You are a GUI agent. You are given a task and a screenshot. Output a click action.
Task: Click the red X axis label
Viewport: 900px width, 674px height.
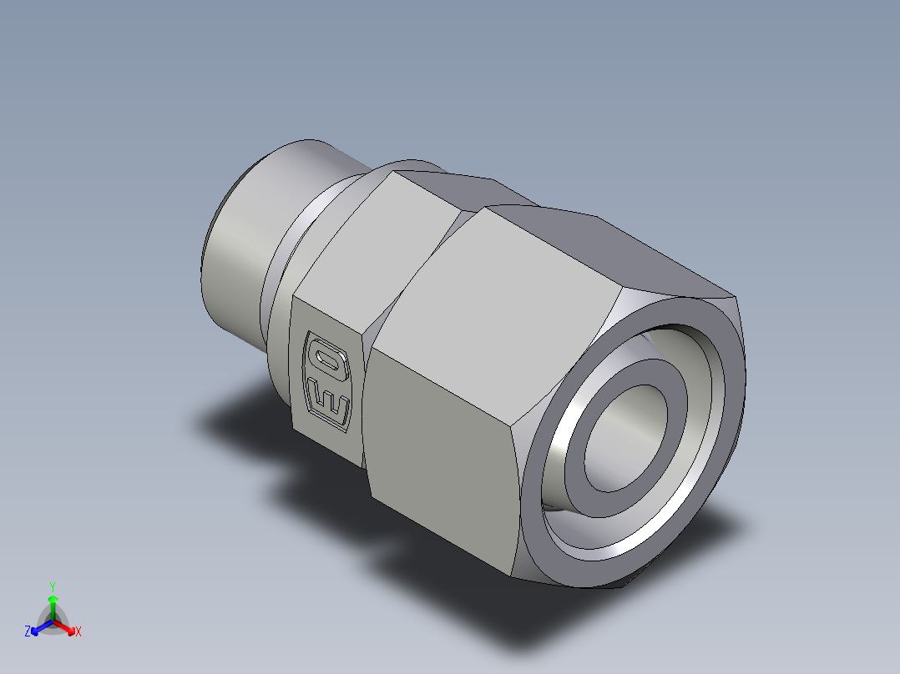(78, 632)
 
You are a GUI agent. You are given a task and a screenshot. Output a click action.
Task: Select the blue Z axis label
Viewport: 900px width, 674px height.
(28, 631)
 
